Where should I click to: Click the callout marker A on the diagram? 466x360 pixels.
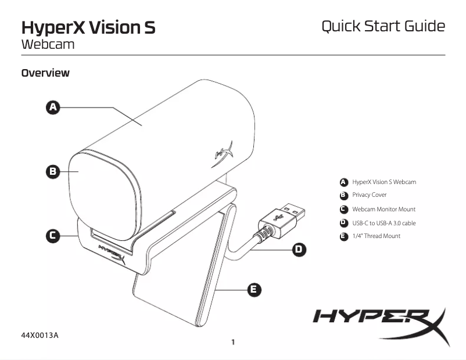pos(53,107)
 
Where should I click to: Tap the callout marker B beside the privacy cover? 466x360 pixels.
pos(53,171)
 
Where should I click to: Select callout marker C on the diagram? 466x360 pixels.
pos(53,235)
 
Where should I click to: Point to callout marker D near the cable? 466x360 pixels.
pos(298,249)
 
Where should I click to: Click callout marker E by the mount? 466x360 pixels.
pos(253,289)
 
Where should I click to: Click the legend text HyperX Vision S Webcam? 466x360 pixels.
pos(384,182)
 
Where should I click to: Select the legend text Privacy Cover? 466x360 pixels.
pos(369,195)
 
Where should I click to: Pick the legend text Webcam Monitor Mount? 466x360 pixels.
pos(383,209)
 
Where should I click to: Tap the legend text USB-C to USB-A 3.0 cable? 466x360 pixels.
pos(383,223)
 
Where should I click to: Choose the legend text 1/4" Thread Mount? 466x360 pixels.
pos(376,236)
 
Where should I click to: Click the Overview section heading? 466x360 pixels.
pos(45,73)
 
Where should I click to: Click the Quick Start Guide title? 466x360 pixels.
pos(383,26)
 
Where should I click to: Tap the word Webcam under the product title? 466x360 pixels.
pos(48,44)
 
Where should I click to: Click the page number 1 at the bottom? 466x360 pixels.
pos(233,342)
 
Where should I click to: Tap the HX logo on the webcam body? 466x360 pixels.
pos(224,152)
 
